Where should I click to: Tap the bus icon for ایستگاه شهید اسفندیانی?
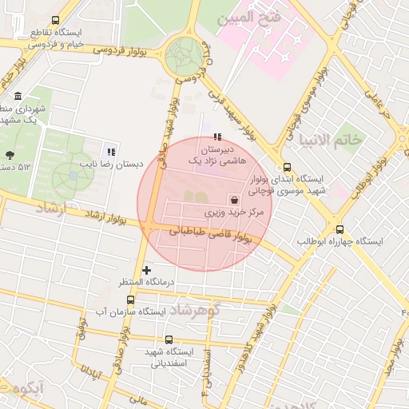click(x=169, y=340)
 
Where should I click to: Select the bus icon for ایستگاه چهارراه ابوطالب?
click(x=340, y=229)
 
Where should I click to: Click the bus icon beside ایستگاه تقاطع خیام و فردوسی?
click(x=55, y=20)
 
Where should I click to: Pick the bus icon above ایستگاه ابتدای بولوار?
click(x=287, y=167)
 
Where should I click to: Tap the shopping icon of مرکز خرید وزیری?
click(x=235, y=200)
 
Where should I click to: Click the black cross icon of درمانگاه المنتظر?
click(x=146, y=271)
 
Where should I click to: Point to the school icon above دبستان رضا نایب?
click(x=111, y=151)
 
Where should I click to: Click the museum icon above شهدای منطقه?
click(x=18, y=97)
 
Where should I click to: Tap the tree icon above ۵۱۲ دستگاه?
click(x=10, y=155)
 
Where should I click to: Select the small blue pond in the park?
click(x=73, y=174)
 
